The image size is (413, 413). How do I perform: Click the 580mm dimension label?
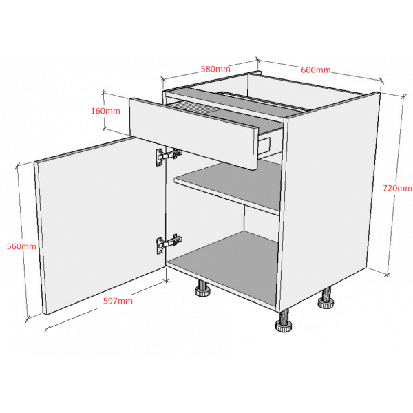[x=215, y=69]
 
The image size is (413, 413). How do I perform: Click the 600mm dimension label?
[x=315, y=70]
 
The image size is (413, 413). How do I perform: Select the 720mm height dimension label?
[x=397, y=188]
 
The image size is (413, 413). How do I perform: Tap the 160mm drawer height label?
[x=105, y=111]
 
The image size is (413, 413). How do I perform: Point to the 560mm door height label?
[x=21, y=246]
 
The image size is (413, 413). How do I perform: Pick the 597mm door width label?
[x=118, y=301]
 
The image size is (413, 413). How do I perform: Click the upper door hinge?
[x=169, y=156]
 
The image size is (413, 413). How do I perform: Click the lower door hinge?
[x=169, y=244]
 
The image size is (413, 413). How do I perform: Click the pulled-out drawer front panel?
[x=193, y=134]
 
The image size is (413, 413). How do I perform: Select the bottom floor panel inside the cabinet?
[x=224, y=266]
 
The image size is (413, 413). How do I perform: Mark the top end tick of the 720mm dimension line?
[x=403, y=97]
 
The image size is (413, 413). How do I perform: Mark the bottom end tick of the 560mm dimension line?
[x=28, y=320]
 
